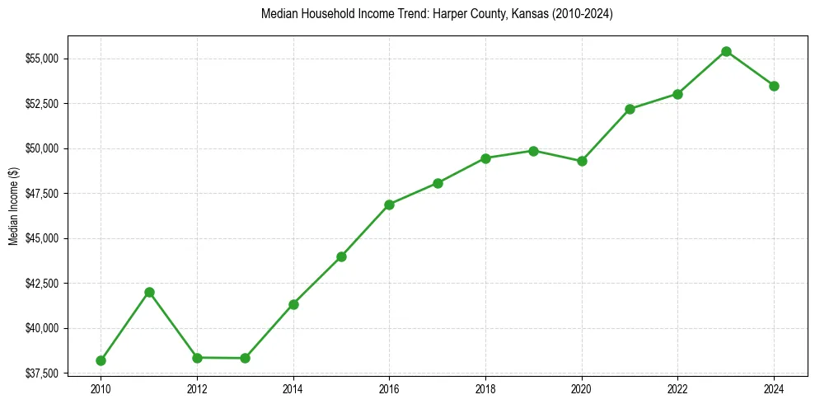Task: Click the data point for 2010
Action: (101, 360)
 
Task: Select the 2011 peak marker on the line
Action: (149, 292)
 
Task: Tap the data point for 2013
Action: (245, 358)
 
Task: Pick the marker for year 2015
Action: (341, 256)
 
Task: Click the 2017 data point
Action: (438, 183)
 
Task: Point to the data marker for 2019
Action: (533, 151)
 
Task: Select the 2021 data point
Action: (630, 109)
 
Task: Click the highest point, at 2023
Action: (726, 51)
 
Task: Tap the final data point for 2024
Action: (774, 86)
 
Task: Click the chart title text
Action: (436, 14)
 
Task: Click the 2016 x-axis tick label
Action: (389, 388)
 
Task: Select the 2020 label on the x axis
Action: (582, 388)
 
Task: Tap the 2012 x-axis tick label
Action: (197, 388)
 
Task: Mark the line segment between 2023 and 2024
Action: (750, 68)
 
